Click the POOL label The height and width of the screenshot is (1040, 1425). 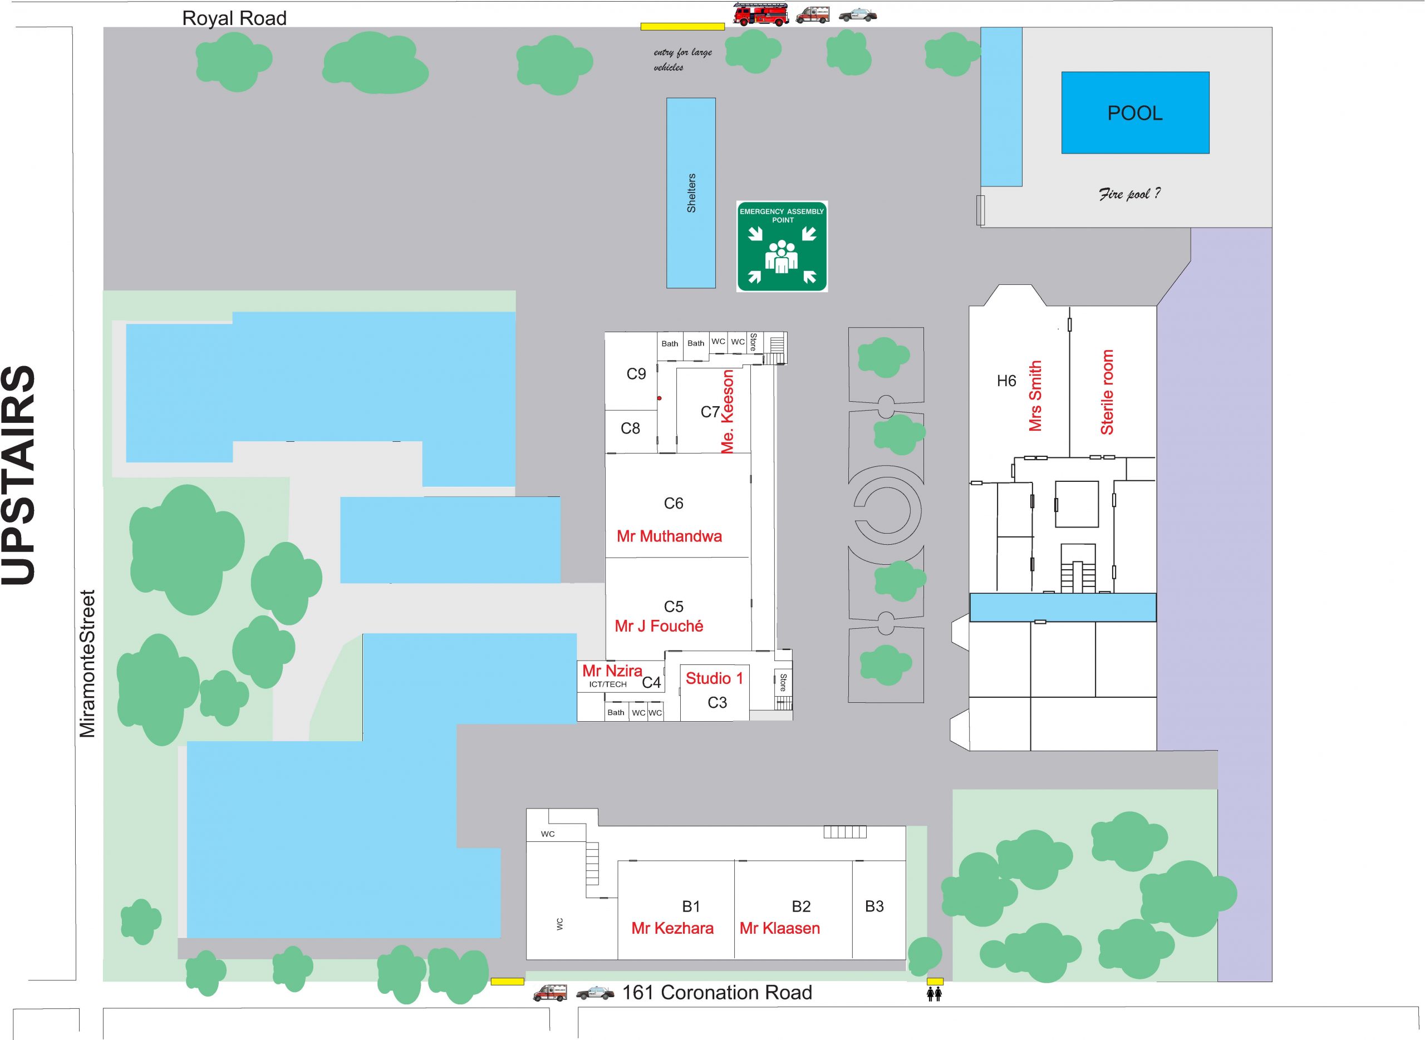click(x=1134, y=114)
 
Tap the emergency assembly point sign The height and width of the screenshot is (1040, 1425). click(x=782, y=246)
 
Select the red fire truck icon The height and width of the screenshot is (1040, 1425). click(x=761, y=14)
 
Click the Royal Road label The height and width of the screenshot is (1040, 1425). click(x=234, y=18)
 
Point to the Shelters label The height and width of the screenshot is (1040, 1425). click(x=691, y=193)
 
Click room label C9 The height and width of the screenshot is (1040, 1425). click(x=636, y=374)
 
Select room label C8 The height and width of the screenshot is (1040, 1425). click(x=630, y=428)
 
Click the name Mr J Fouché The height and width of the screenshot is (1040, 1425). click(x=659, y=626)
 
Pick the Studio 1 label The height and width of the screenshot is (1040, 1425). click(x=714, y=678)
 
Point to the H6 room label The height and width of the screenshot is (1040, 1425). click(x=1006, y=381)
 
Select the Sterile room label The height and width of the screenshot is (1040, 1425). click(x=1107, y=392)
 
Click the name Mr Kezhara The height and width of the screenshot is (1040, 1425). click(x=672, y=928)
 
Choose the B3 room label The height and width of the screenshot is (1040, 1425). click(x=874, y=906)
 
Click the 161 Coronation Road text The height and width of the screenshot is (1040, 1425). click(x=717, y=992)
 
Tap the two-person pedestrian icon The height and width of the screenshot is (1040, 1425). click(x=935, y=993)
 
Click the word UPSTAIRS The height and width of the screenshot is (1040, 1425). click(x=19, y=475)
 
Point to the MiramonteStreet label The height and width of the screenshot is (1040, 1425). click(x=87, y=663)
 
